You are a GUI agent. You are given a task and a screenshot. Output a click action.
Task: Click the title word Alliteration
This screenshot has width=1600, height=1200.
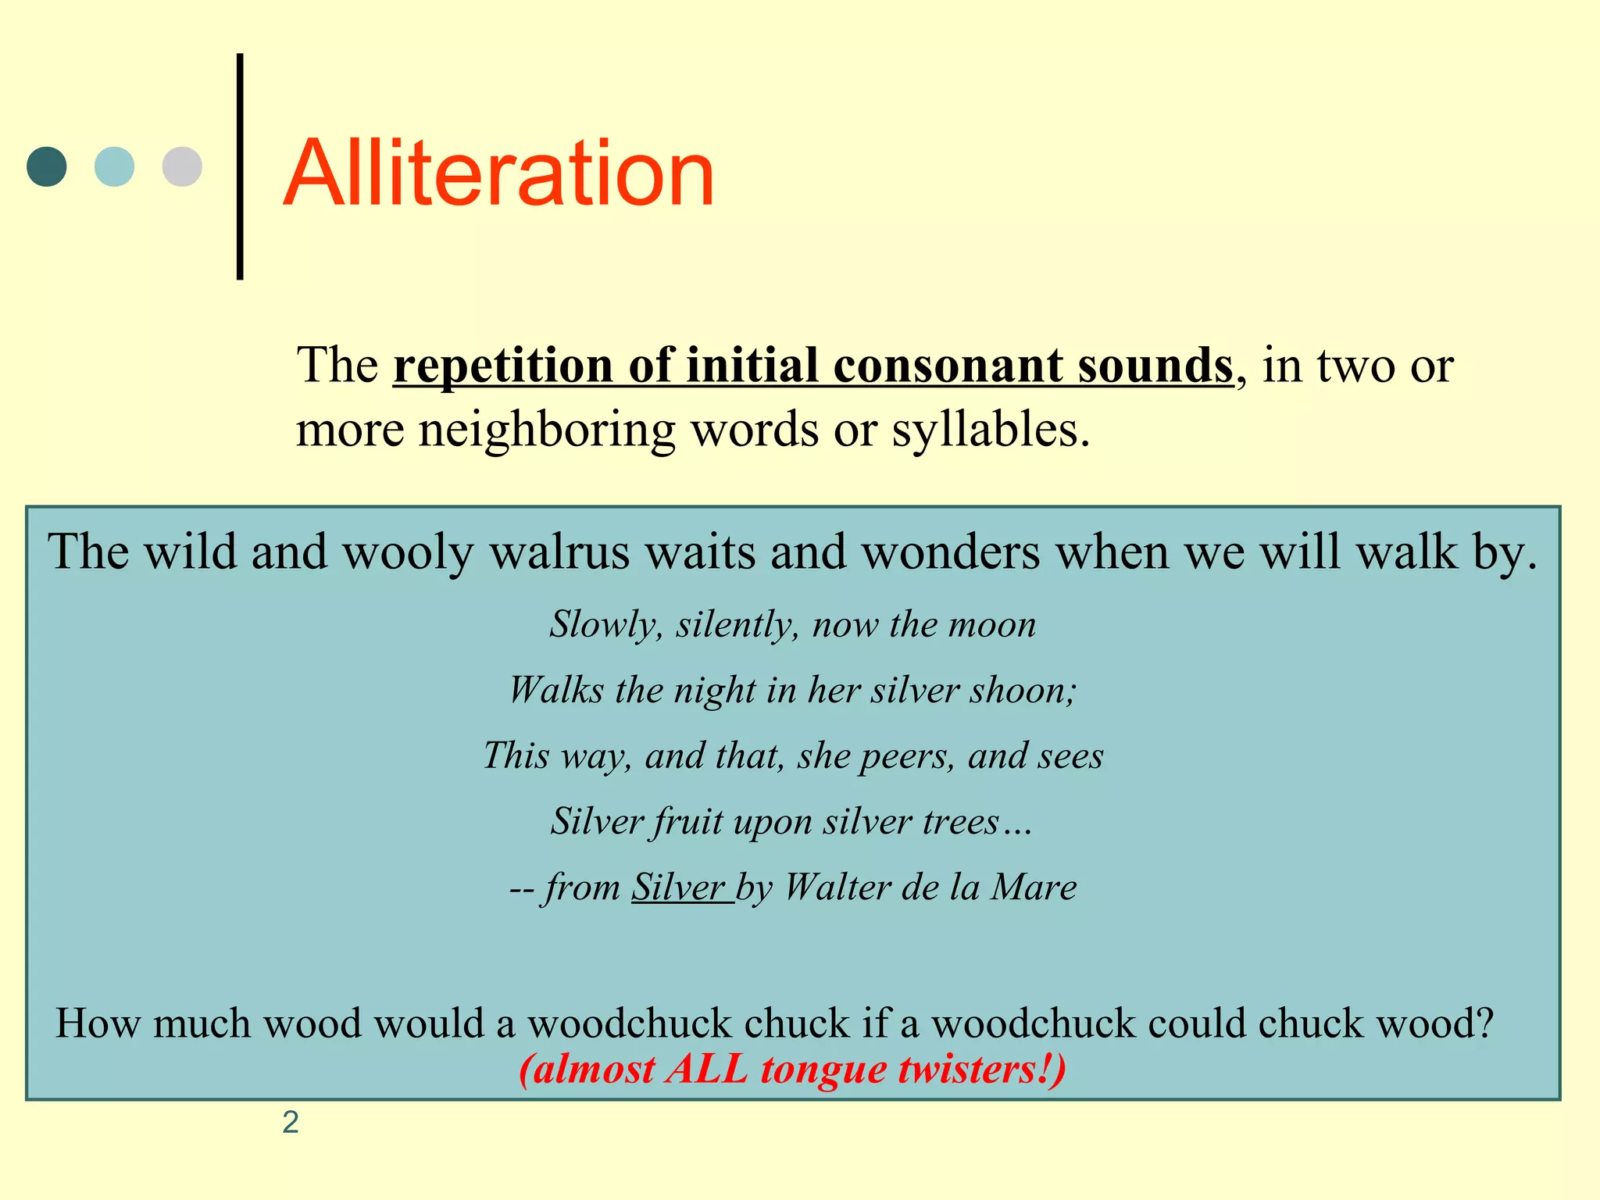coord(498,173)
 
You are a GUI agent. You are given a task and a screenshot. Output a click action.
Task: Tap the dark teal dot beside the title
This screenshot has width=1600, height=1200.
coord(47,166)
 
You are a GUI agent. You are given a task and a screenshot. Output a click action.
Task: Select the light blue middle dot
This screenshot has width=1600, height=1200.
coord(114,166)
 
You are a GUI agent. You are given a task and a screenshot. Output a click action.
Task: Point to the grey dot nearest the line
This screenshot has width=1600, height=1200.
coord(182,166)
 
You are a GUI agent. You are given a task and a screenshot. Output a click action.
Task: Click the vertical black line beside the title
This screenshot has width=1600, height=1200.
coord(240,166)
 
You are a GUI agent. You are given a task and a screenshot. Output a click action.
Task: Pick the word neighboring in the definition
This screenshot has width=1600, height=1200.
coord(547,430)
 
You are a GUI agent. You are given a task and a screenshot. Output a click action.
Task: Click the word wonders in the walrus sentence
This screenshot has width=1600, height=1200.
coord(950,552)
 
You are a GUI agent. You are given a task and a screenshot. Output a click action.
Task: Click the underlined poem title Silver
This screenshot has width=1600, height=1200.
coord(678,887)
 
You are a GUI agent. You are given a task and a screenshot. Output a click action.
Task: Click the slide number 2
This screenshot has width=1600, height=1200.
coord(291,1122)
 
